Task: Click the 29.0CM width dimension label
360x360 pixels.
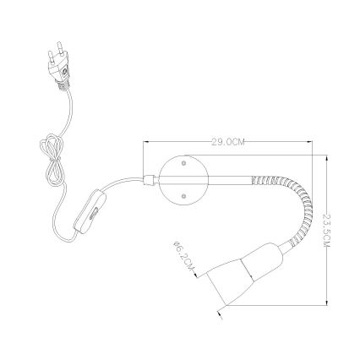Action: [228, 142]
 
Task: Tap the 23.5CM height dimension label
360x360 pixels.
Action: [326, 231]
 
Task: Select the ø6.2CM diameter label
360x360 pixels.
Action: [183, 255]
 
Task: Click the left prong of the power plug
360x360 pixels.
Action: [52, 57]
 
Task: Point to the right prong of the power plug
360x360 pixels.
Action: [60, 48]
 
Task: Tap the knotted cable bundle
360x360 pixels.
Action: [53, 160]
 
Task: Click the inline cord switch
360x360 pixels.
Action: [90, 212]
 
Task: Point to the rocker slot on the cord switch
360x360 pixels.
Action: [93, 214]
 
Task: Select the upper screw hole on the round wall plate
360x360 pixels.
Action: [183, 163]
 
